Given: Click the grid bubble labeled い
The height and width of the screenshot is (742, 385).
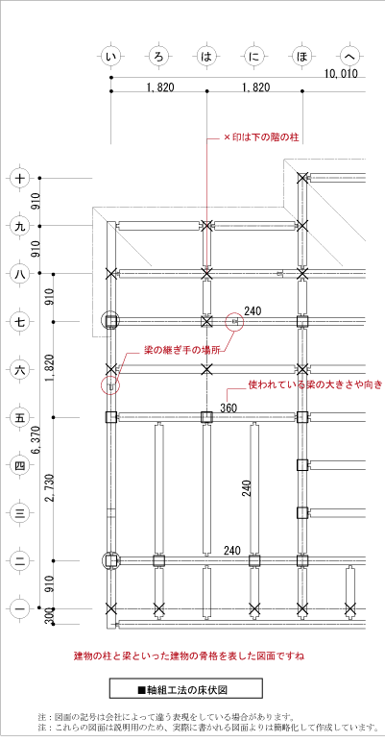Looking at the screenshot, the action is [111, 58].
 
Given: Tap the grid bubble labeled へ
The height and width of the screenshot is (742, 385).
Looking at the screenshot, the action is [350, 58].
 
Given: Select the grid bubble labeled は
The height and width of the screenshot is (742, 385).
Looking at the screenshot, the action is [206, 58].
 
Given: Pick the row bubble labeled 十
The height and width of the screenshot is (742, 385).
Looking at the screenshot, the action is [19, 179].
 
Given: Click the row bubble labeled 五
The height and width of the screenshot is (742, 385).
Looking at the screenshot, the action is [19, 417].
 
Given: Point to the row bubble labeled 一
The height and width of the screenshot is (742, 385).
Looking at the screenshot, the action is [19, 609].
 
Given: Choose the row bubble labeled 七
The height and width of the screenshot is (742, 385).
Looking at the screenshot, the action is [19, 322].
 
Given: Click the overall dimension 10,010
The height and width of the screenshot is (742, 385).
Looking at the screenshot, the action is [341, 73].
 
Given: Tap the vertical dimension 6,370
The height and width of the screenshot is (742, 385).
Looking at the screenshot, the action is [36, 441].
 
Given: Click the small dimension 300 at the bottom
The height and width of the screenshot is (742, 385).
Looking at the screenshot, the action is [49, 617].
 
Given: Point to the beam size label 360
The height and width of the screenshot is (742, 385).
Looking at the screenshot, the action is [228, 408].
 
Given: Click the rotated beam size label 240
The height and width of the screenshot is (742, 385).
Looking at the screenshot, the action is [247, 488].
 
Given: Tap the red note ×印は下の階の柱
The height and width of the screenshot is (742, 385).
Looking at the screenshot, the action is [260, 138].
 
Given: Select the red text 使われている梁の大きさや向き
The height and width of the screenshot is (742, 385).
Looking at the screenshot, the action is [315, 384].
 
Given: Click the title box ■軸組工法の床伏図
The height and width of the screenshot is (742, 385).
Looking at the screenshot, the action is [186, 688].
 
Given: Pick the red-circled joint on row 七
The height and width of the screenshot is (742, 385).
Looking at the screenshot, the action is [235, 322].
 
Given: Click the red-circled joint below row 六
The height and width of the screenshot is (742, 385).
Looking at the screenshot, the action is [110, 385].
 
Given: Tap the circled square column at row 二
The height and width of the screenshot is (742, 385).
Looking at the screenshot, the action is [110, 560].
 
